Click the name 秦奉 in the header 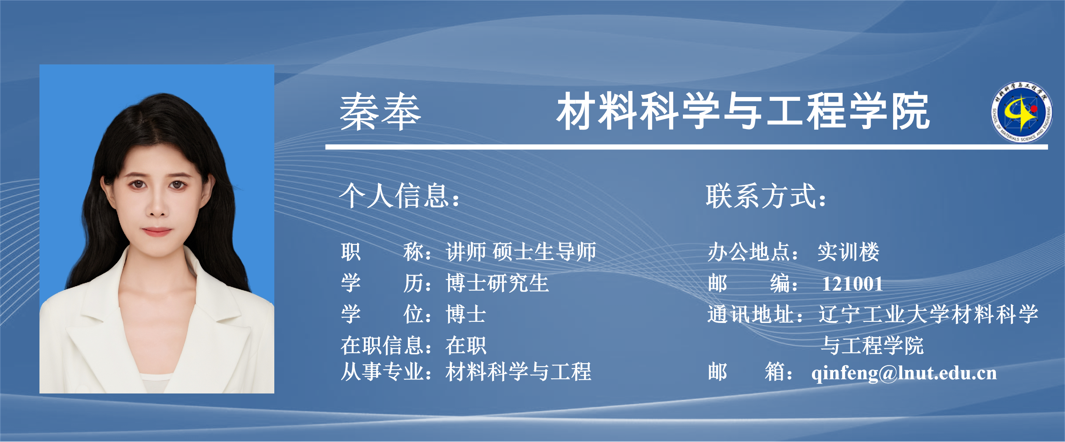[380, 111]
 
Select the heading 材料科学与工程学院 [743, 111]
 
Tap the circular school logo [1021, 112]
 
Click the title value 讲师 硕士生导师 [521, 252]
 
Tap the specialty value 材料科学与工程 [518, 371]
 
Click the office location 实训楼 [848, 252]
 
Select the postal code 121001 [853, 284]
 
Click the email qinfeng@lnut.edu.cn [904, 373]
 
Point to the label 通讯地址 [750, 314]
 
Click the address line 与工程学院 [872, 345]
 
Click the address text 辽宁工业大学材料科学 [928, 314]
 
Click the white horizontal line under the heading [686, 147]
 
